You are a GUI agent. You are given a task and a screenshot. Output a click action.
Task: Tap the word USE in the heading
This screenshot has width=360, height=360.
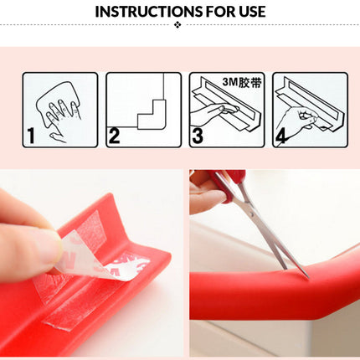248,12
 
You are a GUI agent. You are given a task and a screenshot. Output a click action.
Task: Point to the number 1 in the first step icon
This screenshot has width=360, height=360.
31,134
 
